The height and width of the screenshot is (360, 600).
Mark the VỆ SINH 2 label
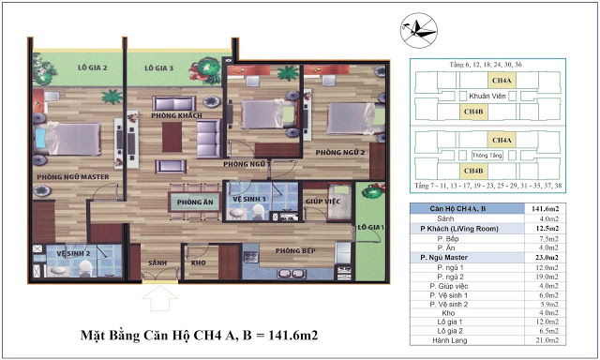pyautogui.click(x=71, y=253)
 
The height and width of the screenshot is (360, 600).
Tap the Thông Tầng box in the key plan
pyautogui.click(x=482, y=154)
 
